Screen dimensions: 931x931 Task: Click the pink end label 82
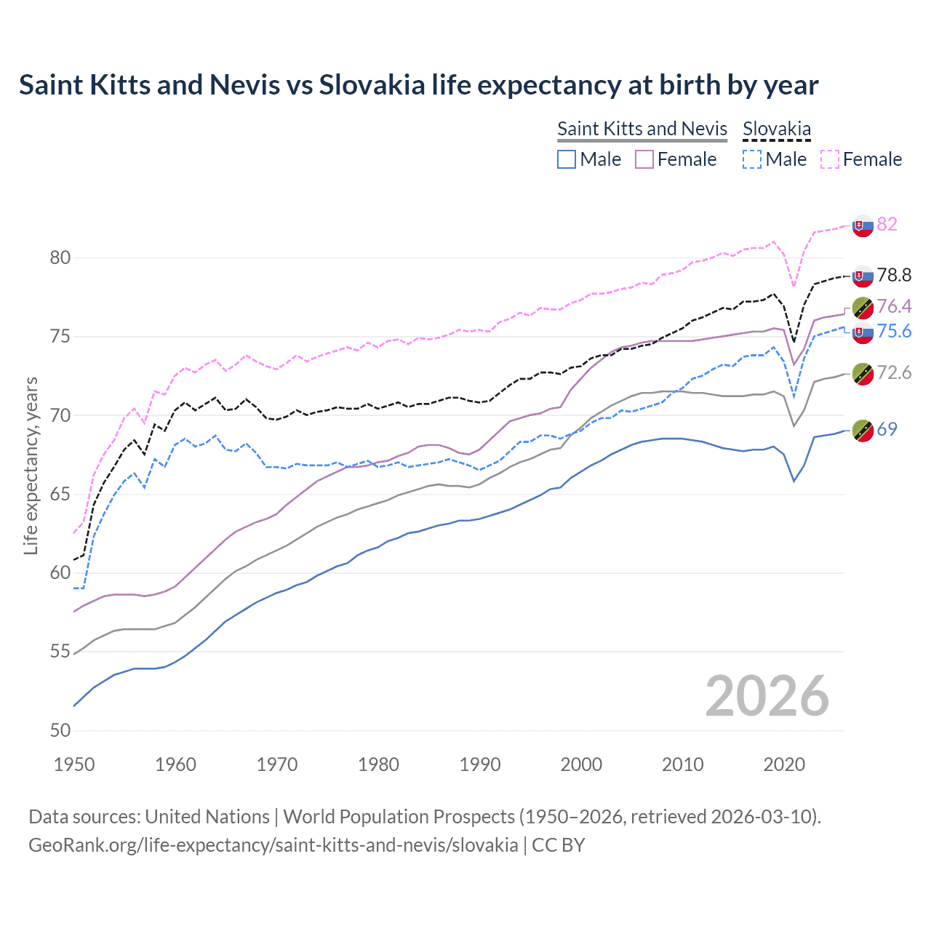point(887,224)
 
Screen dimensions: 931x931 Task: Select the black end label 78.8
point(894,275)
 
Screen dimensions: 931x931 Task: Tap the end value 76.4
point(894,306)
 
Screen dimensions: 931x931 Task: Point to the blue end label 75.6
point(894,332)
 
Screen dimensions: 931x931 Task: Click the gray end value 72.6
point(894,373)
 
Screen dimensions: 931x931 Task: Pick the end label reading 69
point(887,429)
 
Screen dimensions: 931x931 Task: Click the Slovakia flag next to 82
point(863,225)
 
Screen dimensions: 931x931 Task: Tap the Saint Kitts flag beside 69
point(863,430)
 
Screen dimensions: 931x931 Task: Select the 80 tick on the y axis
point(60,258)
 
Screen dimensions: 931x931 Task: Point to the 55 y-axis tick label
point(60,652)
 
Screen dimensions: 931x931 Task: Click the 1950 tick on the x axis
point(74,764)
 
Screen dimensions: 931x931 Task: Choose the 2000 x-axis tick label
point(581,764)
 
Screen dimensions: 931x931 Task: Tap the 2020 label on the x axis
point(784,764)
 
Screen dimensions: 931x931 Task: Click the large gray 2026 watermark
point(767,697)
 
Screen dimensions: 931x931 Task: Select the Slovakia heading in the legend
point(776,129)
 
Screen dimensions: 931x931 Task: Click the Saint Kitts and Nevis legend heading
point(642,129)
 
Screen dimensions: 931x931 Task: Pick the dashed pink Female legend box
point(830,159)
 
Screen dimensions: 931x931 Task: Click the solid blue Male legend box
point(567,159)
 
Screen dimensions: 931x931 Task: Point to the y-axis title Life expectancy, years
point(31,465)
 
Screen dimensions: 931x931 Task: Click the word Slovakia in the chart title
point(372,85)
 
